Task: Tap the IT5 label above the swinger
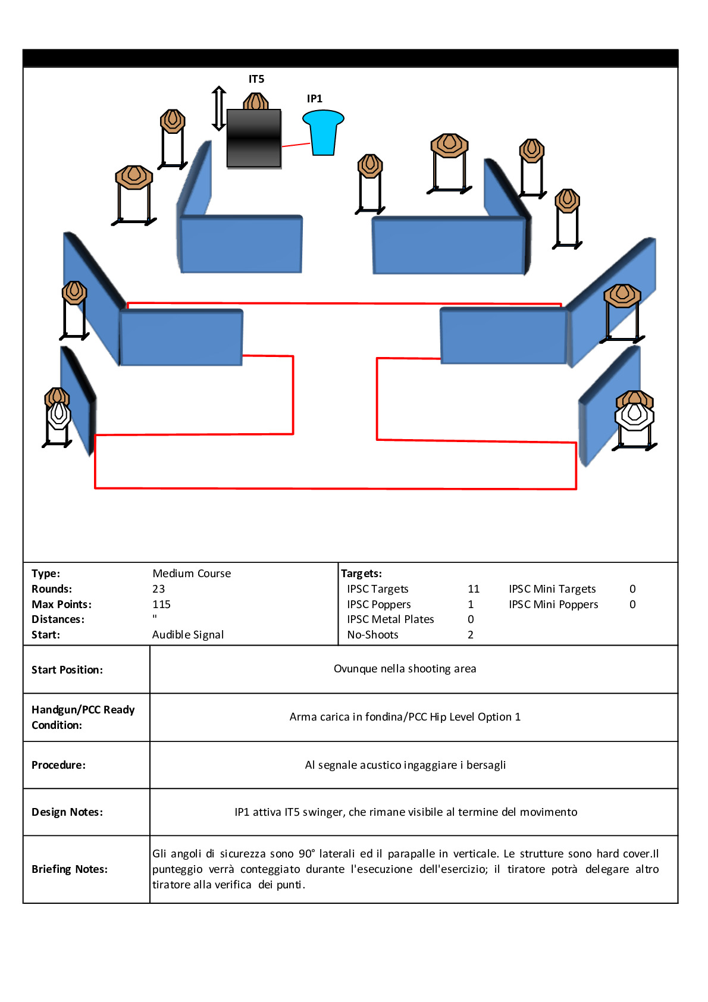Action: tap(256, 79)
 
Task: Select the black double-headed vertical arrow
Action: tap(219, 108)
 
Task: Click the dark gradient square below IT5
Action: tap(254, 138)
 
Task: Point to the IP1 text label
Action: tap(315, 99)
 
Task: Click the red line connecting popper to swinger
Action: tap(296, 144)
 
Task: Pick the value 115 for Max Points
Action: tap(161, 605)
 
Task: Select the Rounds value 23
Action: tap(158, 589)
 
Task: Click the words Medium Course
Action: tap(192, 574)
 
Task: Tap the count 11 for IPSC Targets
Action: tap(474, 589)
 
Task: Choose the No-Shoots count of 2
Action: tap(471, 635)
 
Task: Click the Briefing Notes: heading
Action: tap(70, 869)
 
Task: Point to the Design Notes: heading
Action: tap(67, 812)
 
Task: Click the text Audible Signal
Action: tap(188, 635)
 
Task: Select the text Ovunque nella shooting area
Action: tap(405, 669)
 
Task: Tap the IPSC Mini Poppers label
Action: tap(553, 605)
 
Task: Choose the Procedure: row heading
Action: tap(58, 765)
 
